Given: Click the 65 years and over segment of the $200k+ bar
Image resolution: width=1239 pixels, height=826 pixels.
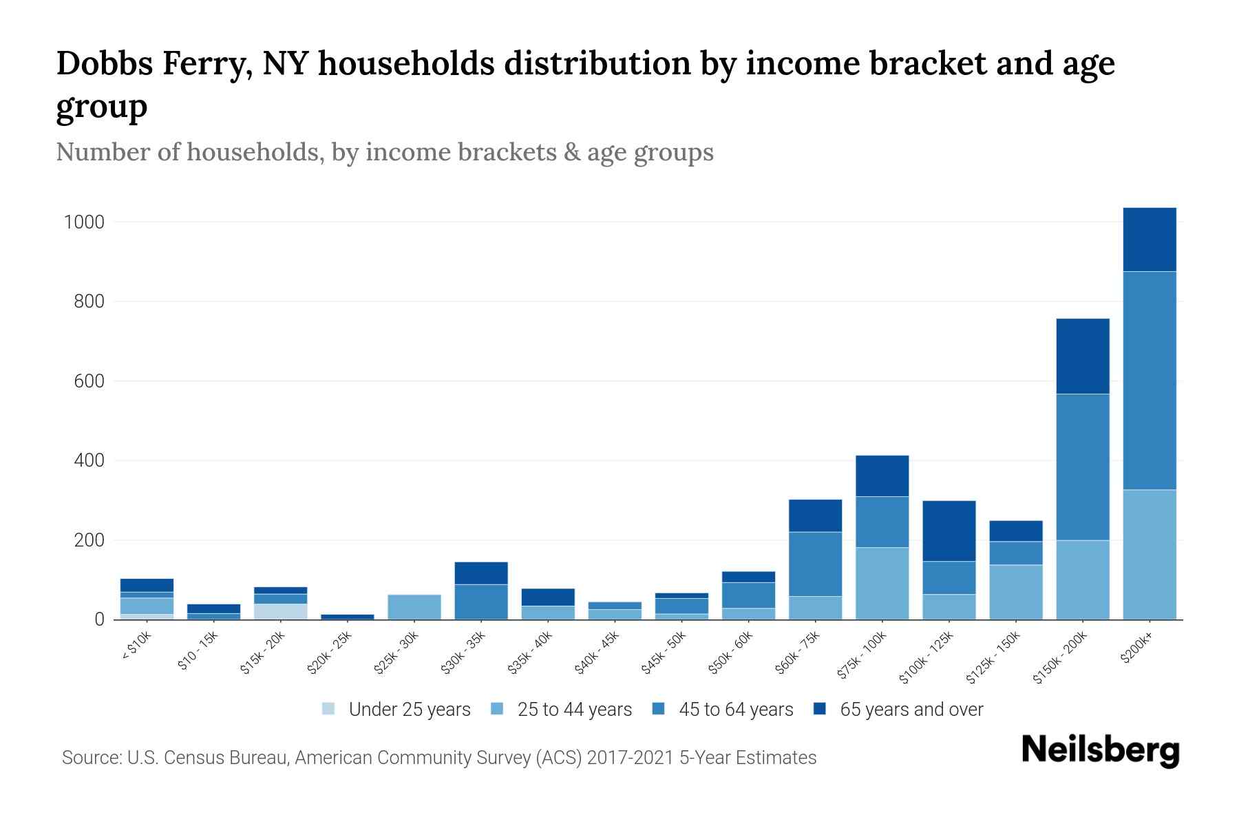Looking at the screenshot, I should [x=1149, y=240].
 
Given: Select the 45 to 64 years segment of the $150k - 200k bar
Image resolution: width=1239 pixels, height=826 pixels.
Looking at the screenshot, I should [x=1082, y=467].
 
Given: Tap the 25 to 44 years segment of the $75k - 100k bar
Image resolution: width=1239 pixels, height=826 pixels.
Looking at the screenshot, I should [x=882, y=583].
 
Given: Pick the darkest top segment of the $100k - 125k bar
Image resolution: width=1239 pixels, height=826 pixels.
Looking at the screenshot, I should [x=949, y=531].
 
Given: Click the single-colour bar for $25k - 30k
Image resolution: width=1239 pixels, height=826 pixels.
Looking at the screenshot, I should [x=414, y=606].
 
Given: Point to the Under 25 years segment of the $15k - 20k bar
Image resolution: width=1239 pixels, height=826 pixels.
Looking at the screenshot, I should [x=280, y=611].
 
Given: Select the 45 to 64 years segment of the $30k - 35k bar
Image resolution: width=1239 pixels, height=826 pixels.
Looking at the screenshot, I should [x=480, y=602].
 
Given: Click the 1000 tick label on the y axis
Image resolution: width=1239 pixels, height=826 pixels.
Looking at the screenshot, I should [x=84, y=222].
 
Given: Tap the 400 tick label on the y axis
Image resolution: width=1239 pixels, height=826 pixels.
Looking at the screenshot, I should [x=89, y=460].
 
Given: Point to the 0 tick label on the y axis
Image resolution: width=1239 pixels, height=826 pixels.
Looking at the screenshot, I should [x=100, y=619].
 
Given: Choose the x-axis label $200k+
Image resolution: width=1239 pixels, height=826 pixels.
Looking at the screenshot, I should [x=1136, y=649].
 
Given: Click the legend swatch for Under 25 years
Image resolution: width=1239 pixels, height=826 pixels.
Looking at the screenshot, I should [x=328, y=709].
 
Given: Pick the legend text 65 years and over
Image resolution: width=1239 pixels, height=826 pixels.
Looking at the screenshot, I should [x=911, y=710].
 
